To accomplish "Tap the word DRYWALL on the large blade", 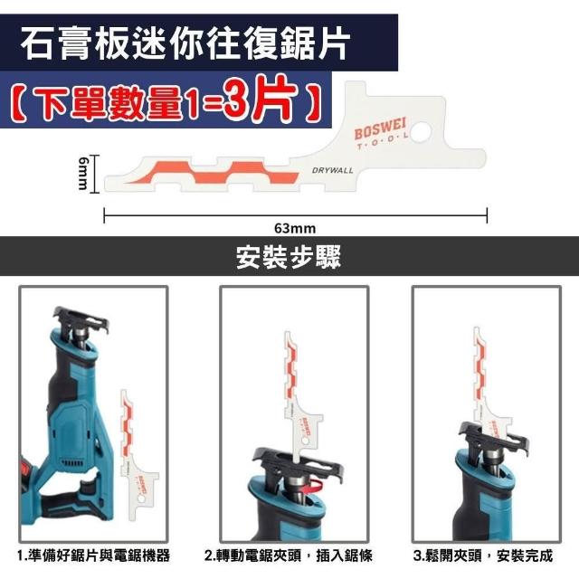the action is (332, 170).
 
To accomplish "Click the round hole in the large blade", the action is (421, 132).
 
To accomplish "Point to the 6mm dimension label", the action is (83, 173).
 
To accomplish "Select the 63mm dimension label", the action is (295, 229).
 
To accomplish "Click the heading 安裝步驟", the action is (289, 256).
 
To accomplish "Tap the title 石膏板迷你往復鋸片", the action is (185, 43).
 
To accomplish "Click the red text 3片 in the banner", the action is (261, 100).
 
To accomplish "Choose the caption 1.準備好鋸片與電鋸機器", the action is (93, 555).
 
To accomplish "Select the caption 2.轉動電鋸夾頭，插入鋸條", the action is (289, 555).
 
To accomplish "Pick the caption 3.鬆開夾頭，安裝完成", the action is (483, 555).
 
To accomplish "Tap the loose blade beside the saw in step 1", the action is (137, 454).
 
